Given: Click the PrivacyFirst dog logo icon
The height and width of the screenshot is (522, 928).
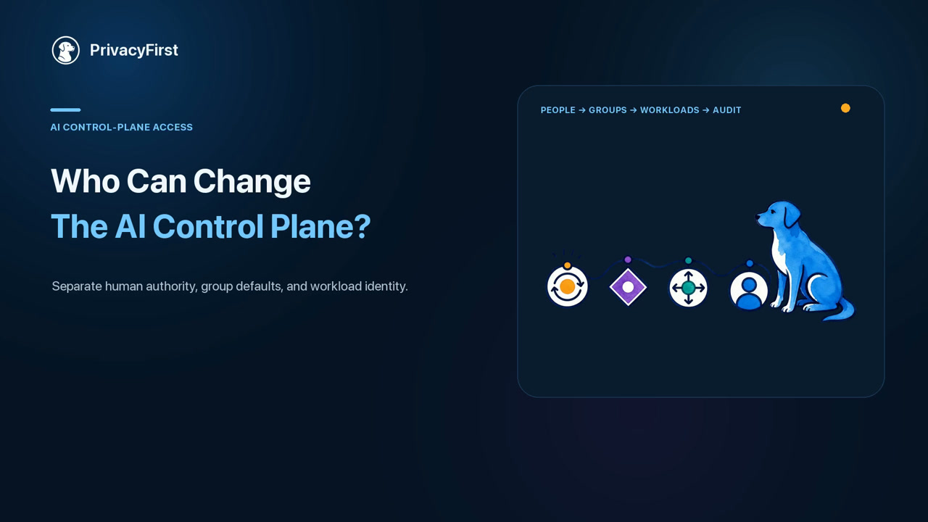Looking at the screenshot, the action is (x=65, y=50).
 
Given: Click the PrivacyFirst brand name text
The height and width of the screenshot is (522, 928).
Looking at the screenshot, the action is (x=134, y=50).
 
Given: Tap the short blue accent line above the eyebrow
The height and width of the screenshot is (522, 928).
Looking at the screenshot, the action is (x=65, y=109).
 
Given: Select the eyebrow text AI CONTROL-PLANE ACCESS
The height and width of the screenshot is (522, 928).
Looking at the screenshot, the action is (x=121, y=127).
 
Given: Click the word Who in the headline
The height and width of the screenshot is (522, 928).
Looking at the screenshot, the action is (x=86, y=181).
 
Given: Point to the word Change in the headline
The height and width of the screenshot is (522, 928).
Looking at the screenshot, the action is (x=252, y=182).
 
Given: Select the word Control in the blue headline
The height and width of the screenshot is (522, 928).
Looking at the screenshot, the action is (x=208, y=226).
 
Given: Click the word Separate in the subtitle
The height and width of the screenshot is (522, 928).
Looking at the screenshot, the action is (x=77, y=286).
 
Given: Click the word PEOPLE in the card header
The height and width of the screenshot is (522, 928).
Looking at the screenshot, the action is (x=558, y=110).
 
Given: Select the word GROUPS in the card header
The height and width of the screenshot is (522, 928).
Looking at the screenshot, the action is (x=608, y=110).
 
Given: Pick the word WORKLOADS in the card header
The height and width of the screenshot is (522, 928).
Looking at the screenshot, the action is (x=669, y=110).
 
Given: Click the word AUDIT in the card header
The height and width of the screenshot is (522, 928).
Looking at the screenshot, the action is (x=726, y=110).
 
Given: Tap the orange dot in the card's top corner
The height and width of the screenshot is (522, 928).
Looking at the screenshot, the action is (x=845, y=108).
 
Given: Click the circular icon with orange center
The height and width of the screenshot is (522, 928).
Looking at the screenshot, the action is (x=567, y=286).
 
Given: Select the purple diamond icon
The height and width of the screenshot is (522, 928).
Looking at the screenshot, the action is (x=628, y=287).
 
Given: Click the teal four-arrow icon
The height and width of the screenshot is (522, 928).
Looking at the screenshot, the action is (x=688, y=288).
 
